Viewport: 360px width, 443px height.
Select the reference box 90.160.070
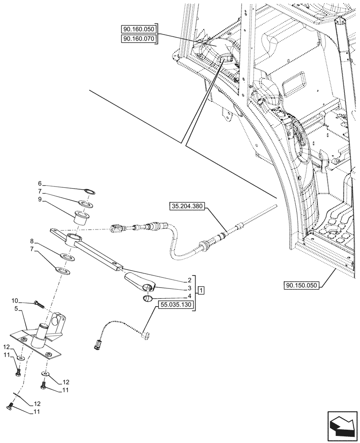click(x=138, y=39)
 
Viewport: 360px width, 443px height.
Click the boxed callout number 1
click(x=201, y=290)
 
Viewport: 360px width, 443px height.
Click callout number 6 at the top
click(x=39, y=183)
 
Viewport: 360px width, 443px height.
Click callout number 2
click(x=189, y=280)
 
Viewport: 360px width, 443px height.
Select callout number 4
click(x=189, y=295)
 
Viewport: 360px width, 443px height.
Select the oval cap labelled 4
click(x=148, y=299)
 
